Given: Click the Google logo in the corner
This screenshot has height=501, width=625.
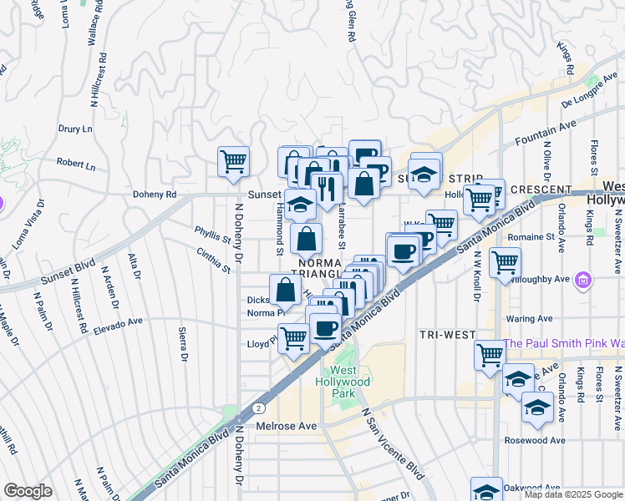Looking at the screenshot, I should pos(28,491).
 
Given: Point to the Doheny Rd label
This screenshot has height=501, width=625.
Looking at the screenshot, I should pos(155,194).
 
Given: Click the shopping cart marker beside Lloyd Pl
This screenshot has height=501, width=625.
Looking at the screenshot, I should pos(293,339).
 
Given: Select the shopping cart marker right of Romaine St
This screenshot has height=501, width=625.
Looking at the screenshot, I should pos(505,262).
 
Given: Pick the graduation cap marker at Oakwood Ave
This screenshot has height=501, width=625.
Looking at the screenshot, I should pos(486,490).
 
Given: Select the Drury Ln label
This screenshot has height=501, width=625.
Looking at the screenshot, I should pos(75,129).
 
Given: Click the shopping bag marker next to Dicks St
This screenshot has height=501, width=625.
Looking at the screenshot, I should pos(286,290).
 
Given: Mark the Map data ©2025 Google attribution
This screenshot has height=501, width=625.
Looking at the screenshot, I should pos(572,494).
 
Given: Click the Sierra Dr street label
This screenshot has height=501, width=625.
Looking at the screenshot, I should pos(183,344).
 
